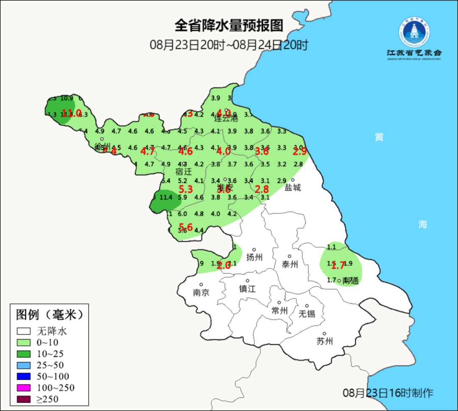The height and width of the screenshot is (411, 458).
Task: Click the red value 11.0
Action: point(71,113)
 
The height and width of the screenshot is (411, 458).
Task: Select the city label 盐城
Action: point(293,187)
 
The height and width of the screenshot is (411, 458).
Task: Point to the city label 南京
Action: point(201,293)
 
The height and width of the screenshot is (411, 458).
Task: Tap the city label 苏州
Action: point(324,341)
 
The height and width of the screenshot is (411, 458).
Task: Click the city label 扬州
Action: point(254,257)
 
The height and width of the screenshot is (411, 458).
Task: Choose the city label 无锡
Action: point(307,314)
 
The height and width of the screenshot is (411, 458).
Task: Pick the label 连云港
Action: point(226,118)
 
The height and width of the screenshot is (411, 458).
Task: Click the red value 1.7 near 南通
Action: point(338,266)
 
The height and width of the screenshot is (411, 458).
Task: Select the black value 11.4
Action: point(166,197)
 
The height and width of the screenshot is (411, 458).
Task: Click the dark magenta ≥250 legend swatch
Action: point(24,399)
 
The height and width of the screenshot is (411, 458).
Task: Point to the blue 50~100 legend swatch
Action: point(24,376)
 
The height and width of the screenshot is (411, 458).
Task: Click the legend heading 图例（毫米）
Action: point(49,315)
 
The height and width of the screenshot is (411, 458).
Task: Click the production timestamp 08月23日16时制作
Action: point(388,393)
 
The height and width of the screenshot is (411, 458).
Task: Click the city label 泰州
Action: point(290,264)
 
